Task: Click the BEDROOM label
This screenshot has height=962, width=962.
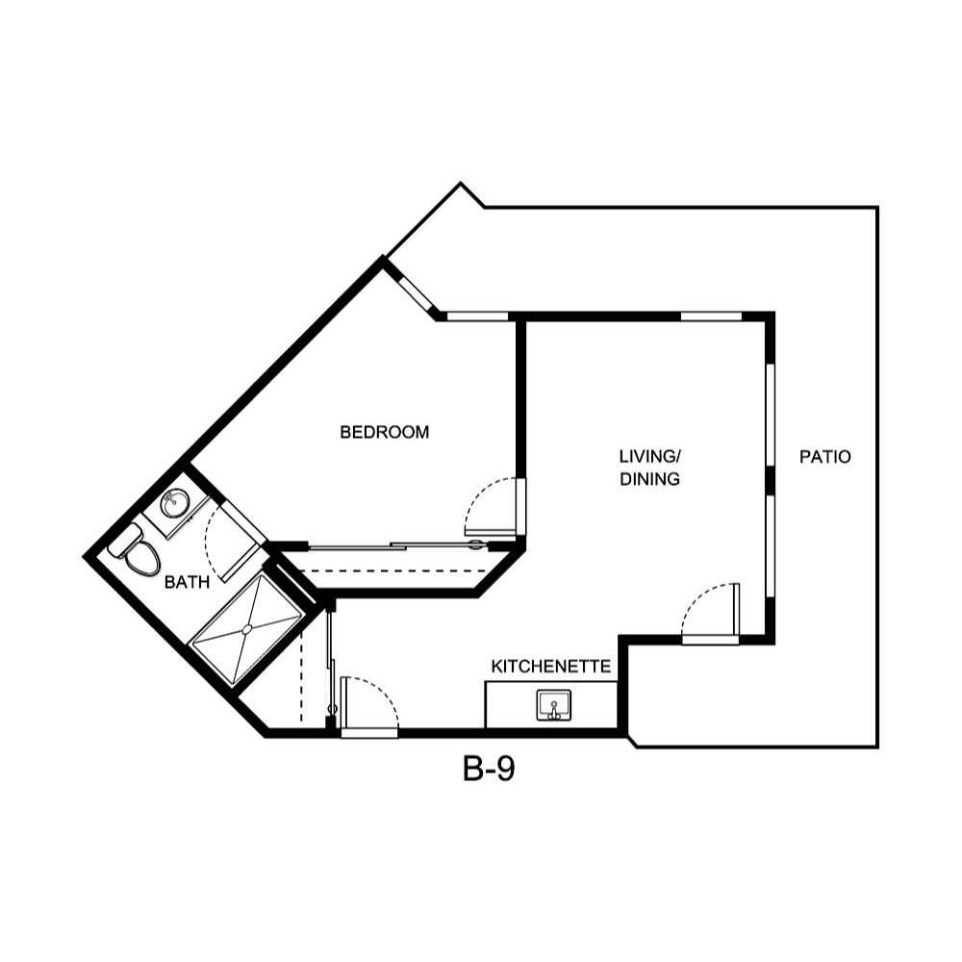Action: (x=385, y=433)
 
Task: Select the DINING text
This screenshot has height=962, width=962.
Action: (x=650, y=478)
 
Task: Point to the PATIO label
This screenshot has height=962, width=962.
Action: (x=825, y=457)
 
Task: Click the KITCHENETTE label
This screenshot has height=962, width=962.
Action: (x=551, y=666)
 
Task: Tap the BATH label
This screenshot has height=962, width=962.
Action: (x=187, y=582)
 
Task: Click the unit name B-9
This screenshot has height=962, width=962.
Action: (x=490, y=770)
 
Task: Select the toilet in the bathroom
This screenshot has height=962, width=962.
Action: (x=142, y=556)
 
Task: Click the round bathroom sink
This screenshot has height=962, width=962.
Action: (x=175, y=502)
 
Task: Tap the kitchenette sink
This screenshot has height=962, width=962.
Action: (x=553, y=705)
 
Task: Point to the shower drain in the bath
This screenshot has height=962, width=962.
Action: (x=247, y=628)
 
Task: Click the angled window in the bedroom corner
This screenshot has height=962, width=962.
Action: (x=416, y=291)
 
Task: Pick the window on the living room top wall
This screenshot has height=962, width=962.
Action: (x=711, y=316)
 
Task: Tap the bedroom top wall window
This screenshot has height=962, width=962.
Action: (x=477, y=316)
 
